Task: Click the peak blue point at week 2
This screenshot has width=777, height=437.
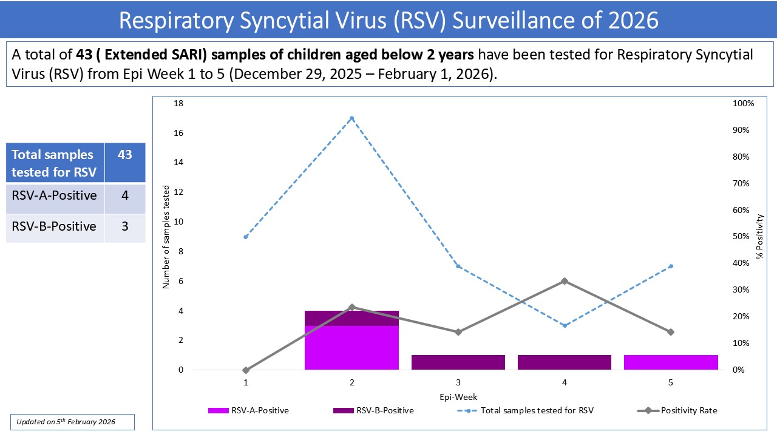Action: click(351, 118)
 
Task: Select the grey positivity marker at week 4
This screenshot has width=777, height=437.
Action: click(565, 281)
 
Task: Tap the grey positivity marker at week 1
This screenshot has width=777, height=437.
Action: click(245, 370)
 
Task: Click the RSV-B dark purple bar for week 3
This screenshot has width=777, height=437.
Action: click(458, 362)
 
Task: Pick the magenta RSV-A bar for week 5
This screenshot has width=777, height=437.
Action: click(671, 362)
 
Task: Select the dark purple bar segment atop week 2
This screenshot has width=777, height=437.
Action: click(351, 318)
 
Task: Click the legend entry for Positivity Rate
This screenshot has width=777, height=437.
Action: click(688, 410)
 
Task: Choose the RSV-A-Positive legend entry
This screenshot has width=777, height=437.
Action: click(259, 410)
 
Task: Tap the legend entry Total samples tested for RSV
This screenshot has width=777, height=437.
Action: click(537, 410)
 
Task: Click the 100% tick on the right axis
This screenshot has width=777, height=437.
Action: click(744, 104)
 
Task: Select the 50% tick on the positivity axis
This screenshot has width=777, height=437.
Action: click(741, 237)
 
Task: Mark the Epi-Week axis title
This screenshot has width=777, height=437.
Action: click(458, 397)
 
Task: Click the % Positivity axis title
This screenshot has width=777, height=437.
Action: click(759, 237)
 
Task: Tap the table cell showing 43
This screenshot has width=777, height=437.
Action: click(124, 155)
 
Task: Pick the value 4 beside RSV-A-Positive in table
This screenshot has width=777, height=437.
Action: click(124, 196)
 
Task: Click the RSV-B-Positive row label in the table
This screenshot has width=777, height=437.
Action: click(54, 226)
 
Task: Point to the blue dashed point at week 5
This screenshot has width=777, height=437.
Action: click(671, 266)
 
